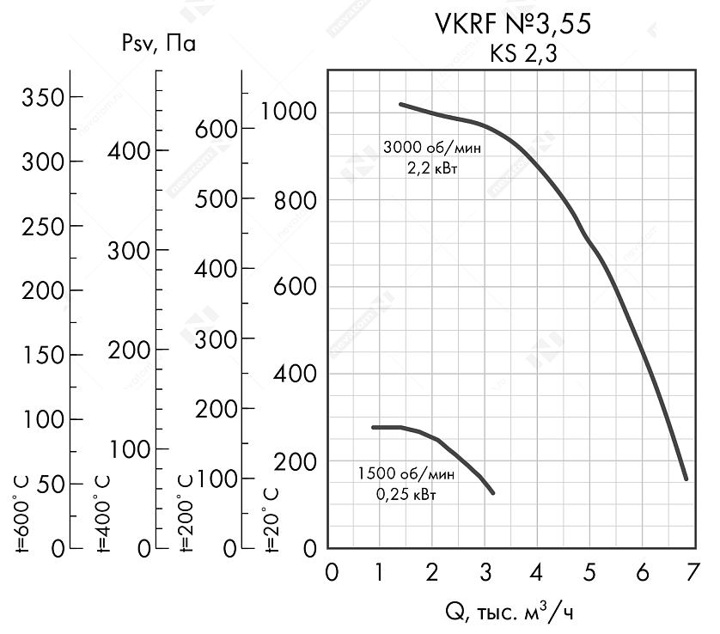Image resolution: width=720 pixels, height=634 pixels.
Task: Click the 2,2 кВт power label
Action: tap(432, 168)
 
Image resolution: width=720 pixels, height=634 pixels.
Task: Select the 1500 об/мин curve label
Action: tap(406, 474)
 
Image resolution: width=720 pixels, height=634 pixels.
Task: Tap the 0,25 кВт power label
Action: tap(406, 495)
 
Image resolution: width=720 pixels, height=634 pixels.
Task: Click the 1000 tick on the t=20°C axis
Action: tap(290, 113)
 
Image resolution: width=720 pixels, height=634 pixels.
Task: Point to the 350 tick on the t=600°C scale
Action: tap(44, 97)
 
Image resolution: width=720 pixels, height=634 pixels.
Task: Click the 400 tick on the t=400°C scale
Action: tap(130, 151)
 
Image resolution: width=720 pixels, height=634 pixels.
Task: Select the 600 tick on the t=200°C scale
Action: tap(213, 128)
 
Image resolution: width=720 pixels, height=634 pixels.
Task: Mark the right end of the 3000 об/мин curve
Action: tap(686, 478)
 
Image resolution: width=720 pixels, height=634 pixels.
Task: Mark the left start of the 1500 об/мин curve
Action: tap(373, 427)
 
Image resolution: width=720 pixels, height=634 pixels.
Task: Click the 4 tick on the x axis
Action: tap(538, 572)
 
